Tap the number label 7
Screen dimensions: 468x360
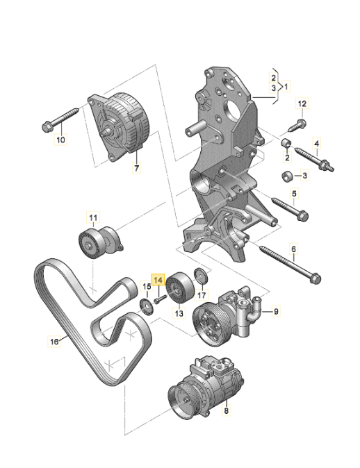tap(136, 169)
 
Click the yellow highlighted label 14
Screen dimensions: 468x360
tap(158, 280)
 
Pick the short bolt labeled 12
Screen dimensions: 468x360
tap(296, 125)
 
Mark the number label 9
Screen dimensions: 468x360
tap(275, 312)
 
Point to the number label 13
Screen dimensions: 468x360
tap(179, 314)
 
